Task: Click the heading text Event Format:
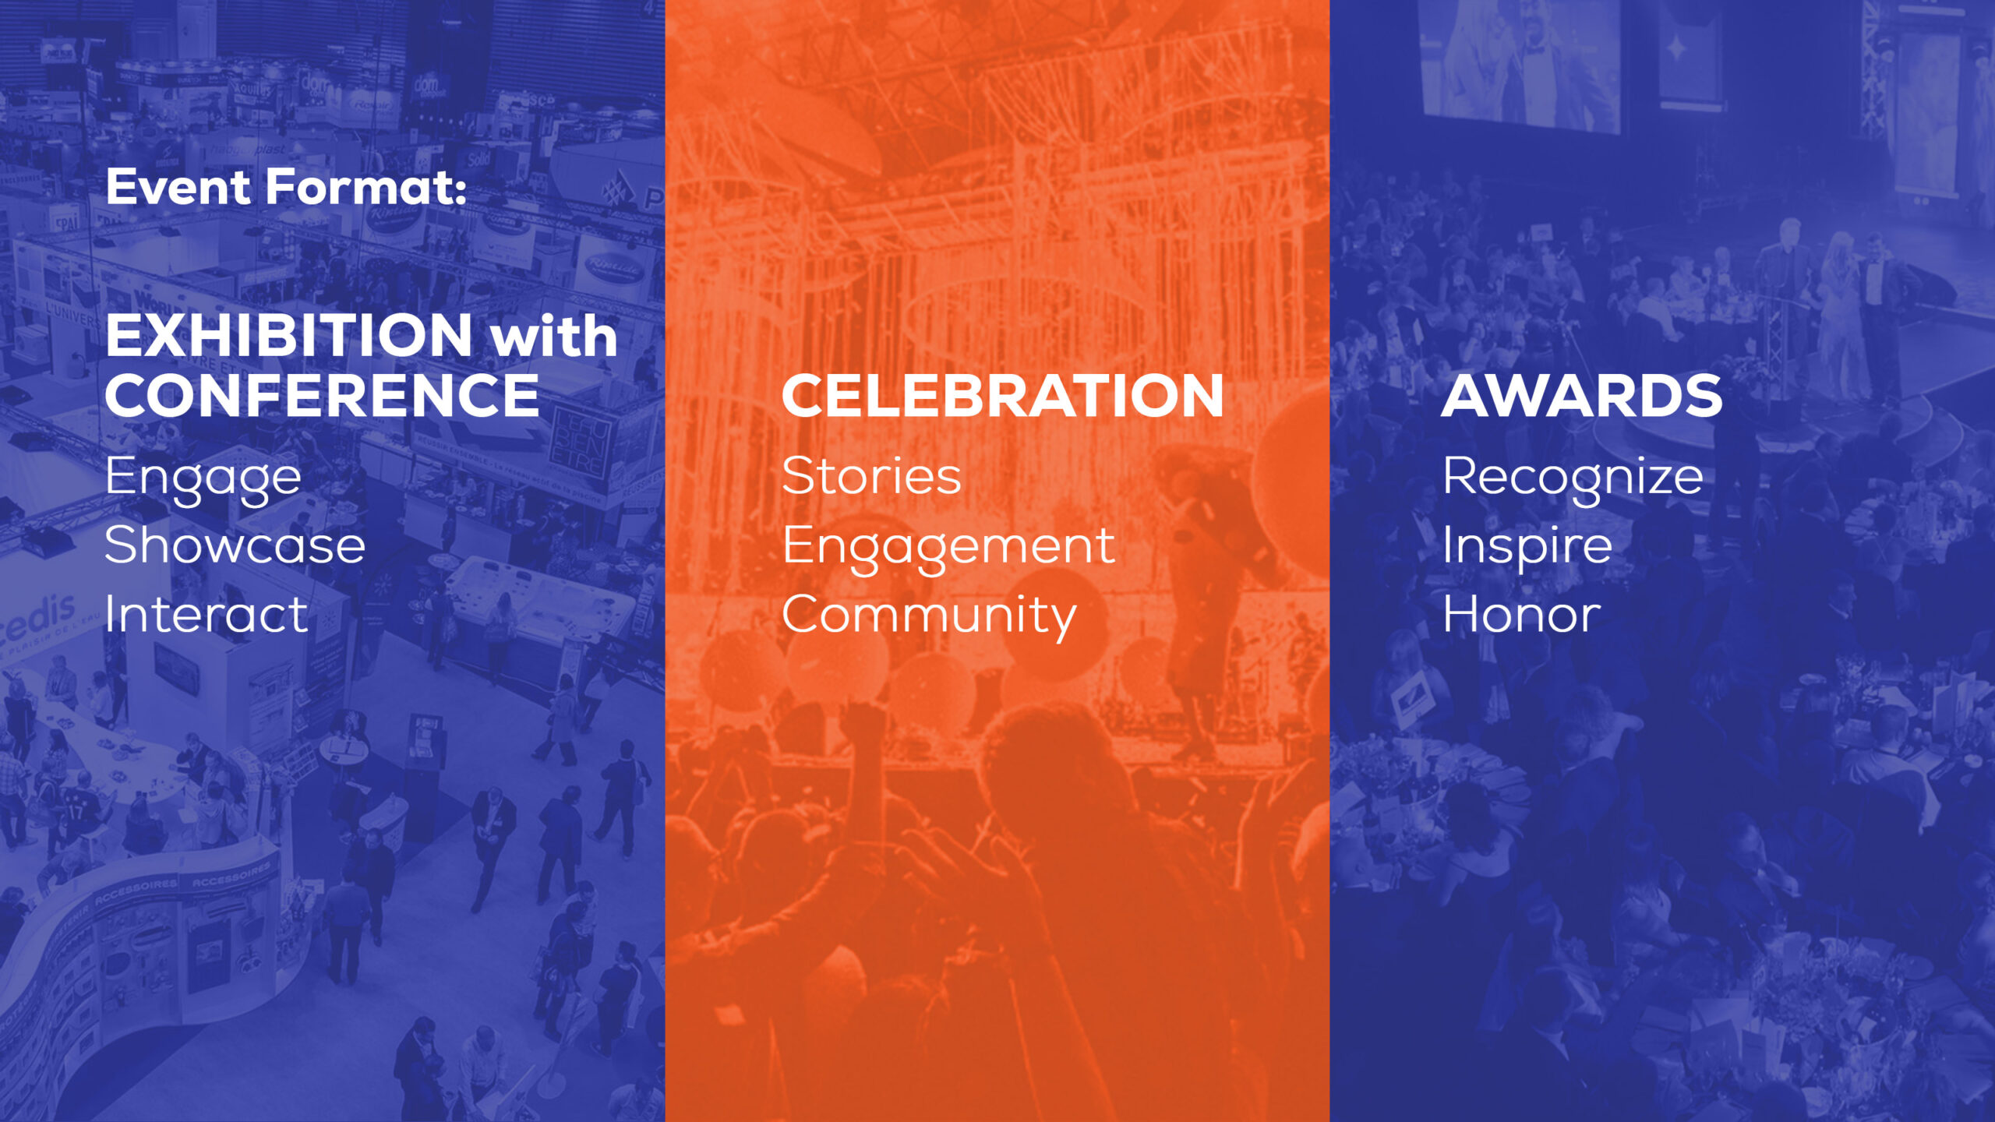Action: click(286, 187)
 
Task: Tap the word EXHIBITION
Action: click(289, 336)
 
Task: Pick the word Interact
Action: click(207, 613)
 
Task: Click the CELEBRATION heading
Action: click(1002, 396)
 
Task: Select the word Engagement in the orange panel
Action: click(948, 548)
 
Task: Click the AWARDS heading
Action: click(1581, 396)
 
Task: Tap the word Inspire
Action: click(1527, 548)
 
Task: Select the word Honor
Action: click(1521, 613)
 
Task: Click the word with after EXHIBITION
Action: click(554, 336)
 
